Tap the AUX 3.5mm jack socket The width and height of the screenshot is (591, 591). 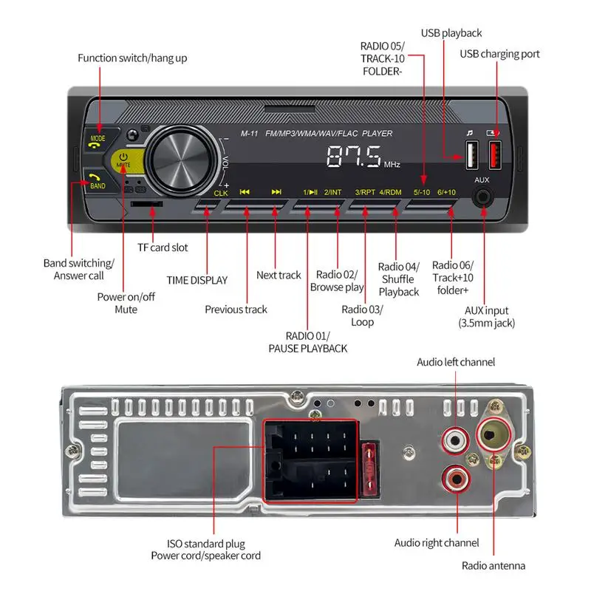click(484, 197)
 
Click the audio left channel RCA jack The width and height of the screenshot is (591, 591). click(456, 442)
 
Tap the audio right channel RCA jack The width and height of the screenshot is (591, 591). click(456, 478)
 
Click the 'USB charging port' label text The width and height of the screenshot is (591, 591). click(499, 54)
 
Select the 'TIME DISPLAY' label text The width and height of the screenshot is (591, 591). click(197, 281)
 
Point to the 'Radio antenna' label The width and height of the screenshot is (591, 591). click(493, 566)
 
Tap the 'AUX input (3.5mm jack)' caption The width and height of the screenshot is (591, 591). click(486, 317)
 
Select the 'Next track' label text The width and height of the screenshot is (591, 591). click(279, 276)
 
